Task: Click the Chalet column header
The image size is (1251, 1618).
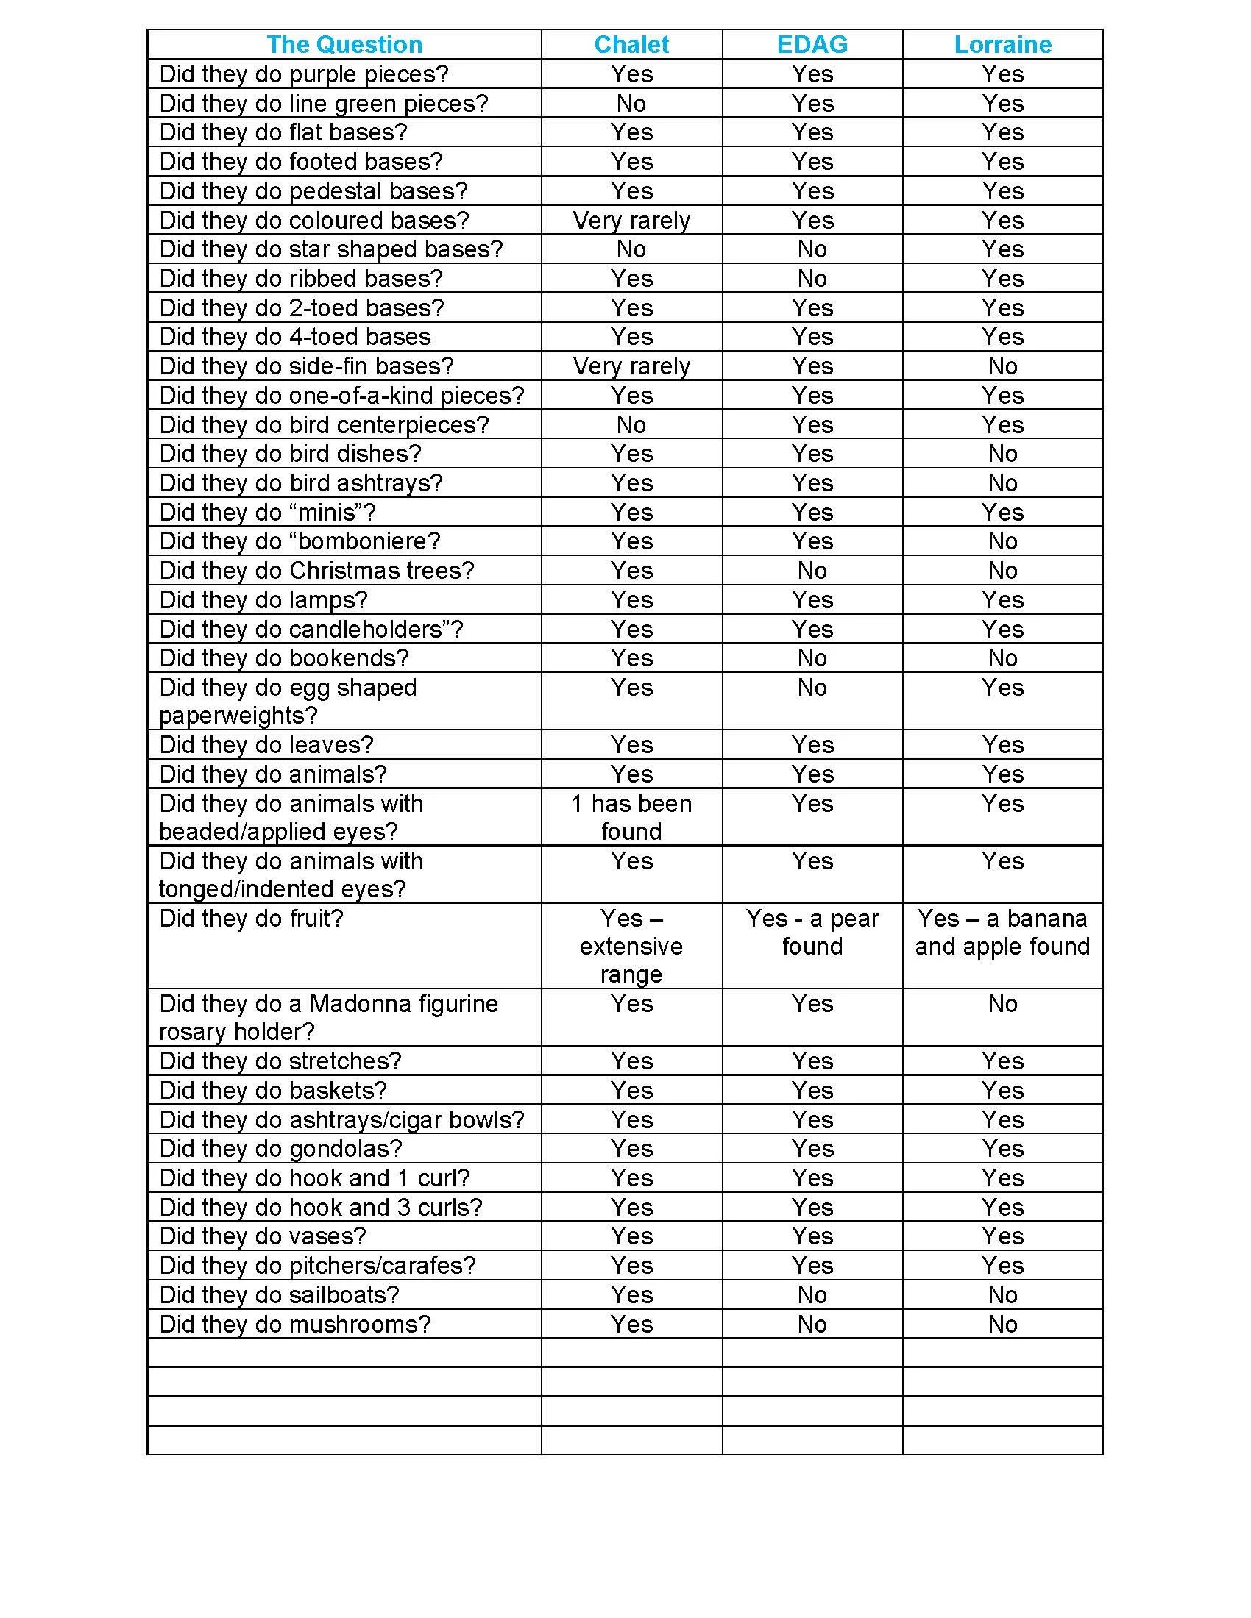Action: tap(631, 44)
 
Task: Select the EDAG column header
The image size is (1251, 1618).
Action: tap(812, 44)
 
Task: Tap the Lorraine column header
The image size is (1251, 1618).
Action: tap(1002, 44)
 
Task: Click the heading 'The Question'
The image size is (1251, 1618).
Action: tap(344, 44)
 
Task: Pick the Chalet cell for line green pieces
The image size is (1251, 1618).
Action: tap(631, 103)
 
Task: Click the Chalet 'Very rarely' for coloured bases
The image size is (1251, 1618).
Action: tap(631, 220)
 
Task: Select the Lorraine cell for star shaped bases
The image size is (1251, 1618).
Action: tap(1002, 249)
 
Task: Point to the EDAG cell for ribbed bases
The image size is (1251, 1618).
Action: tap(812, 279)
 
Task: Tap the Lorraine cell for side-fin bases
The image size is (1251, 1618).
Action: tap(1002, 366)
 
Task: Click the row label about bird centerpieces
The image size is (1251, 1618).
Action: tap(324, 424)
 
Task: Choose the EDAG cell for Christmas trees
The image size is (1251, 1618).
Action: tap(812, 571)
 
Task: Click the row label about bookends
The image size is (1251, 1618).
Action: tap(284, 658)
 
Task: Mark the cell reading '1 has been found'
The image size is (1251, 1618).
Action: tap(631, 817)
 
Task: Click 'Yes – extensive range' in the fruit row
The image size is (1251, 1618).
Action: tap(631, 946)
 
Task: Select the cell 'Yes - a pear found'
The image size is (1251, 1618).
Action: tap(812, 932)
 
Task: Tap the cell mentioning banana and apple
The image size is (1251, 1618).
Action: tap(1002, 932)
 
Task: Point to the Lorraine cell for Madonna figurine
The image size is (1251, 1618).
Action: tap(1002, 1004)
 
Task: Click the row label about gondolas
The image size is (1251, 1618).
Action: tap(280, 1148)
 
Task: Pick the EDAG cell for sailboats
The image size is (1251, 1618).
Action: tap(812, 1294)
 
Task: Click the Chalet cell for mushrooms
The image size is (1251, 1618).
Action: tap(631, 1324)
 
